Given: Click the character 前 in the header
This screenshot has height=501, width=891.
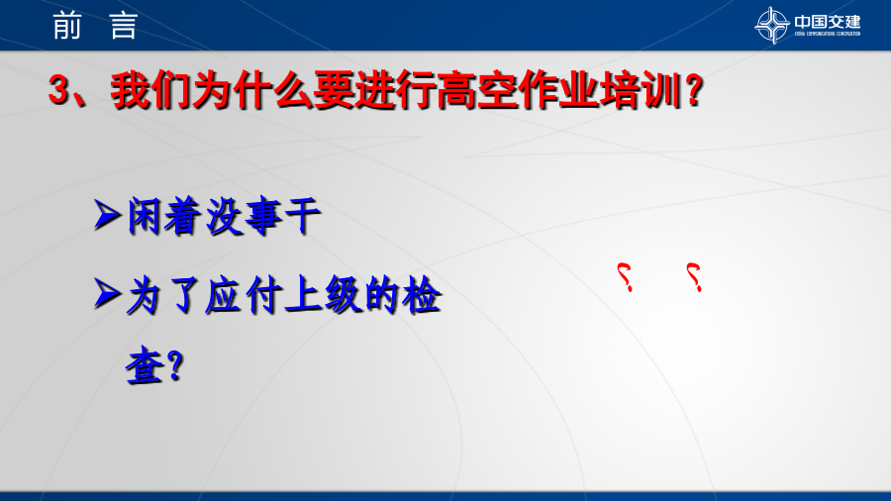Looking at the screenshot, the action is click(x=67, y=26).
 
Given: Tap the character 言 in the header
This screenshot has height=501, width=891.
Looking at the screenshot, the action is click(x=124, y=26).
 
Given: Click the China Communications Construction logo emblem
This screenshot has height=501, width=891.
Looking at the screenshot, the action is click(x=771, y=25).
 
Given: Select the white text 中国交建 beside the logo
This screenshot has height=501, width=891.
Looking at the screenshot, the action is click(x=828, y=22).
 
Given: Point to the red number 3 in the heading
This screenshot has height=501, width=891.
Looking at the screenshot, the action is click(x=58, y=90).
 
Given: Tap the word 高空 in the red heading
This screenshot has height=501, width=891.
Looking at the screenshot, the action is click(x=477, y=90).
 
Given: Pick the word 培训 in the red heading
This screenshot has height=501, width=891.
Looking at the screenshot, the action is click(x=641, y=90).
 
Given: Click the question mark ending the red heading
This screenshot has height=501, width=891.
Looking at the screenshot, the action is click(x=694, y=90).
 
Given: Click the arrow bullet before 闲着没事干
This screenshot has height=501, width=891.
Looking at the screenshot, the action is click(x=107, y=215).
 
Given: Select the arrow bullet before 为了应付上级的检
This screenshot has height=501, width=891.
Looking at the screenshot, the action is click(x=107, y=294).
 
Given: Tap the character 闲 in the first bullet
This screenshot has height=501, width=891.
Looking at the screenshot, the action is click(x=145, y=216).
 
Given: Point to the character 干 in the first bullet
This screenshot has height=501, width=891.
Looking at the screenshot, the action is click(x=302, y=216).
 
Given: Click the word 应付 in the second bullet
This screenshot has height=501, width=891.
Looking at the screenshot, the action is click(x=245, y=295).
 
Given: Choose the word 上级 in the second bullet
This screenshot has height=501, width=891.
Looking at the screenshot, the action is click(x=323, y=295).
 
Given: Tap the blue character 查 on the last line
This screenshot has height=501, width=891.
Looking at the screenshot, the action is click(x=145, y=366).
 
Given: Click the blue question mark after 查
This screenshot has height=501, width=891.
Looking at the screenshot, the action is click(x=175, y=365).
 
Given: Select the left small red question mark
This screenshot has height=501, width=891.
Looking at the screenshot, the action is click(x=625, y=277).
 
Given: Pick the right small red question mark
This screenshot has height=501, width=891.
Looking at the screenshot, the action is click(x=694, y=277).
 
